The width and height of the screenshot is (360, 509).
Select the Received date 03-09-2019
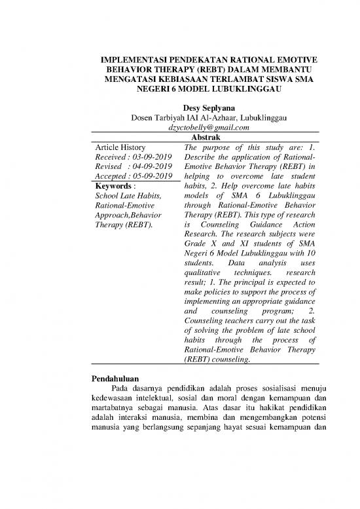point(151,159)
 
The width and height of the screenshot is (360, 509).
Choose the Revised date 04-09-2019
point(151,169)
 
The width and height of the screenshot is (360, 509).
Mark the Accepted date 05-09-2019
point(153,179)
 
